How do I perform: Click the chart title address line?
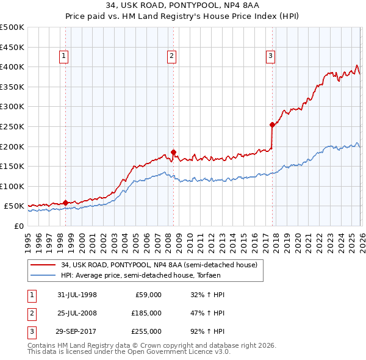(x=182, y=5)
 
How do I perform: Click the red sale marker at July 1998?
(x=65, y=203)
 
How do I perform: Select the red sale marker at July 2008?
(x=173, y=152)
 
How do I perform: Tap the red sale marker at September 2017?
(x=272, y=124)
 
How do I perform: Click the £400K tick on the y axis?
(x=13, y=67)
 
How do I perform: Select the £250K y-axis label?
(x=13, y=126)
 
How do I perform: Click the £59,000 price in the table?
(x=147, y=295)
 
